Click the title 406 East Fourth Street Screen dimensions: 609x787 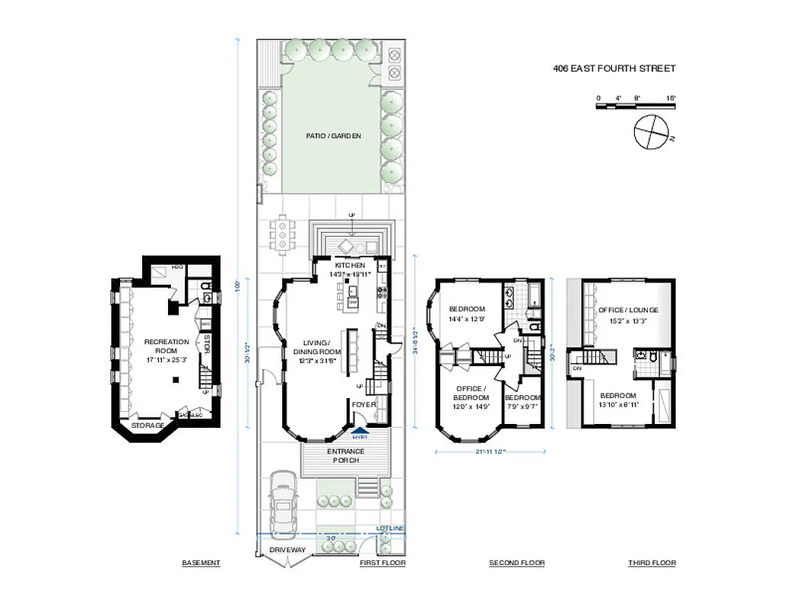coord(614,69)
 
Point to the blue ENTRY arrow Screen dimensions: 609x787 coord(360,432)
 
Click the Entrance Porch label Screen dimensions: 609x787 coord(346,456)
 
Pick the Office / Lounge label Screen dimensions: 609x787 coord(628,311)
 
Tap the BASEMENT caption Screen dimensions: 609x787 coord(201,563)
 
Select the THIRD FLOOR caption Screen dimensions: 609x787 coord(652,563)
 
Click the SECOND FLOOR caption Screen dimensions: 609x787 coord(516,563)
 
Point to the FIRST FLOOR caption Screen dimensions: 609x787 coord(382,563)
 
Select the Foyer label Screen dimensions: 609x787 coord(364,404)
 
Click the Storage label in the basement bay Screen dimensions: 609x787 coord(148,425)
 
